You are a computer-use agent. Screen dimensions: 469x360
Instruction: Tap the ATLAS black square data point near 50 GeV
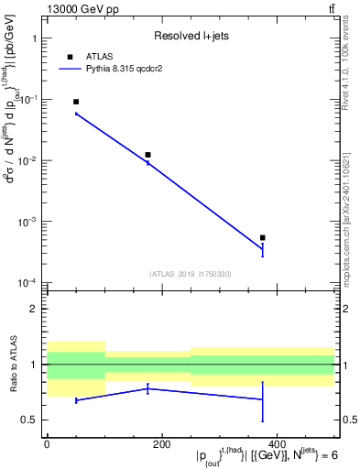(x=76, y=102)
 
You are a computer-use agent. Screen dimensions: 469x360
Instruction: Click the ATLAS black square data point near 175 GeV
(x=147, y=155)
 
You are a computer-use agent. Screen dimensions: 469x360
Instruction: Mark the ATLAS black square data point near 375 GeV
(x=263, y=237)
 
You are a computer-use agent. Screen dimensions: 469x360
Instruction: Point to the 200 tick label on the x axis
(x=161, y=444)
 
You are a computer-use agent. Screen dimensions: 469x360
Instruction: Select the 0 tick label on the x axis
(x=47, y=444)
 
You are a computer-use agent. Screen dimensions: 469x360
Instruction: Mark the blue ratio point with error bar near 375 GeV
(x=263, y=399)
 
